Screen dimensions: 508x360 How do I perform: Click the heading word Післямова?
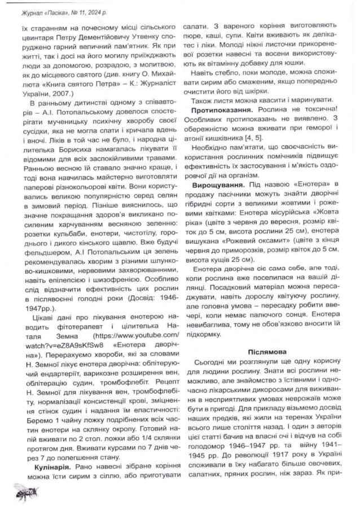pos(267,351)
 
